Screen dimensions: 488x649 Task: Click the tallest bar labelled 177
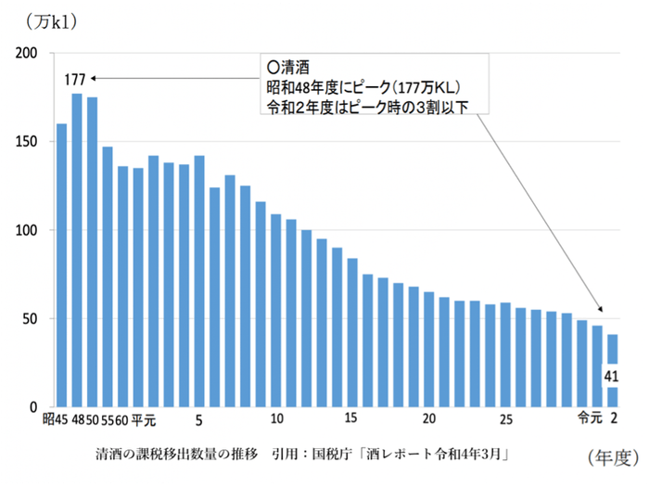click(77, 250)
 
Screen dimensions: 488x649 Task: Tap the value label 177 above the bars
click(75, 79)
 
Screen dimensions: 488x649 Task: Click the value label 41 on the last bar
click(612, 377)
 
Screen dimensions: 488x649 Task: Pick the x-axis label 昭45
click(55, 420)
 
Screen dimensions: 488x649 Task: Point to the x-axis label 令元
click(587, 419)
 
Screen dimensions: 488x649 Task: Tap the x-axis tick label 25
click(505, 419)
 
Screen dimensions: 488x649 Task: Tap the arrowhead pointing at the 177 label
click(95, 79)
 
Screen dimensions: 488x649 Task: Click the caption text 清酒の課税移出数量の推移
click(172, 455)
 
